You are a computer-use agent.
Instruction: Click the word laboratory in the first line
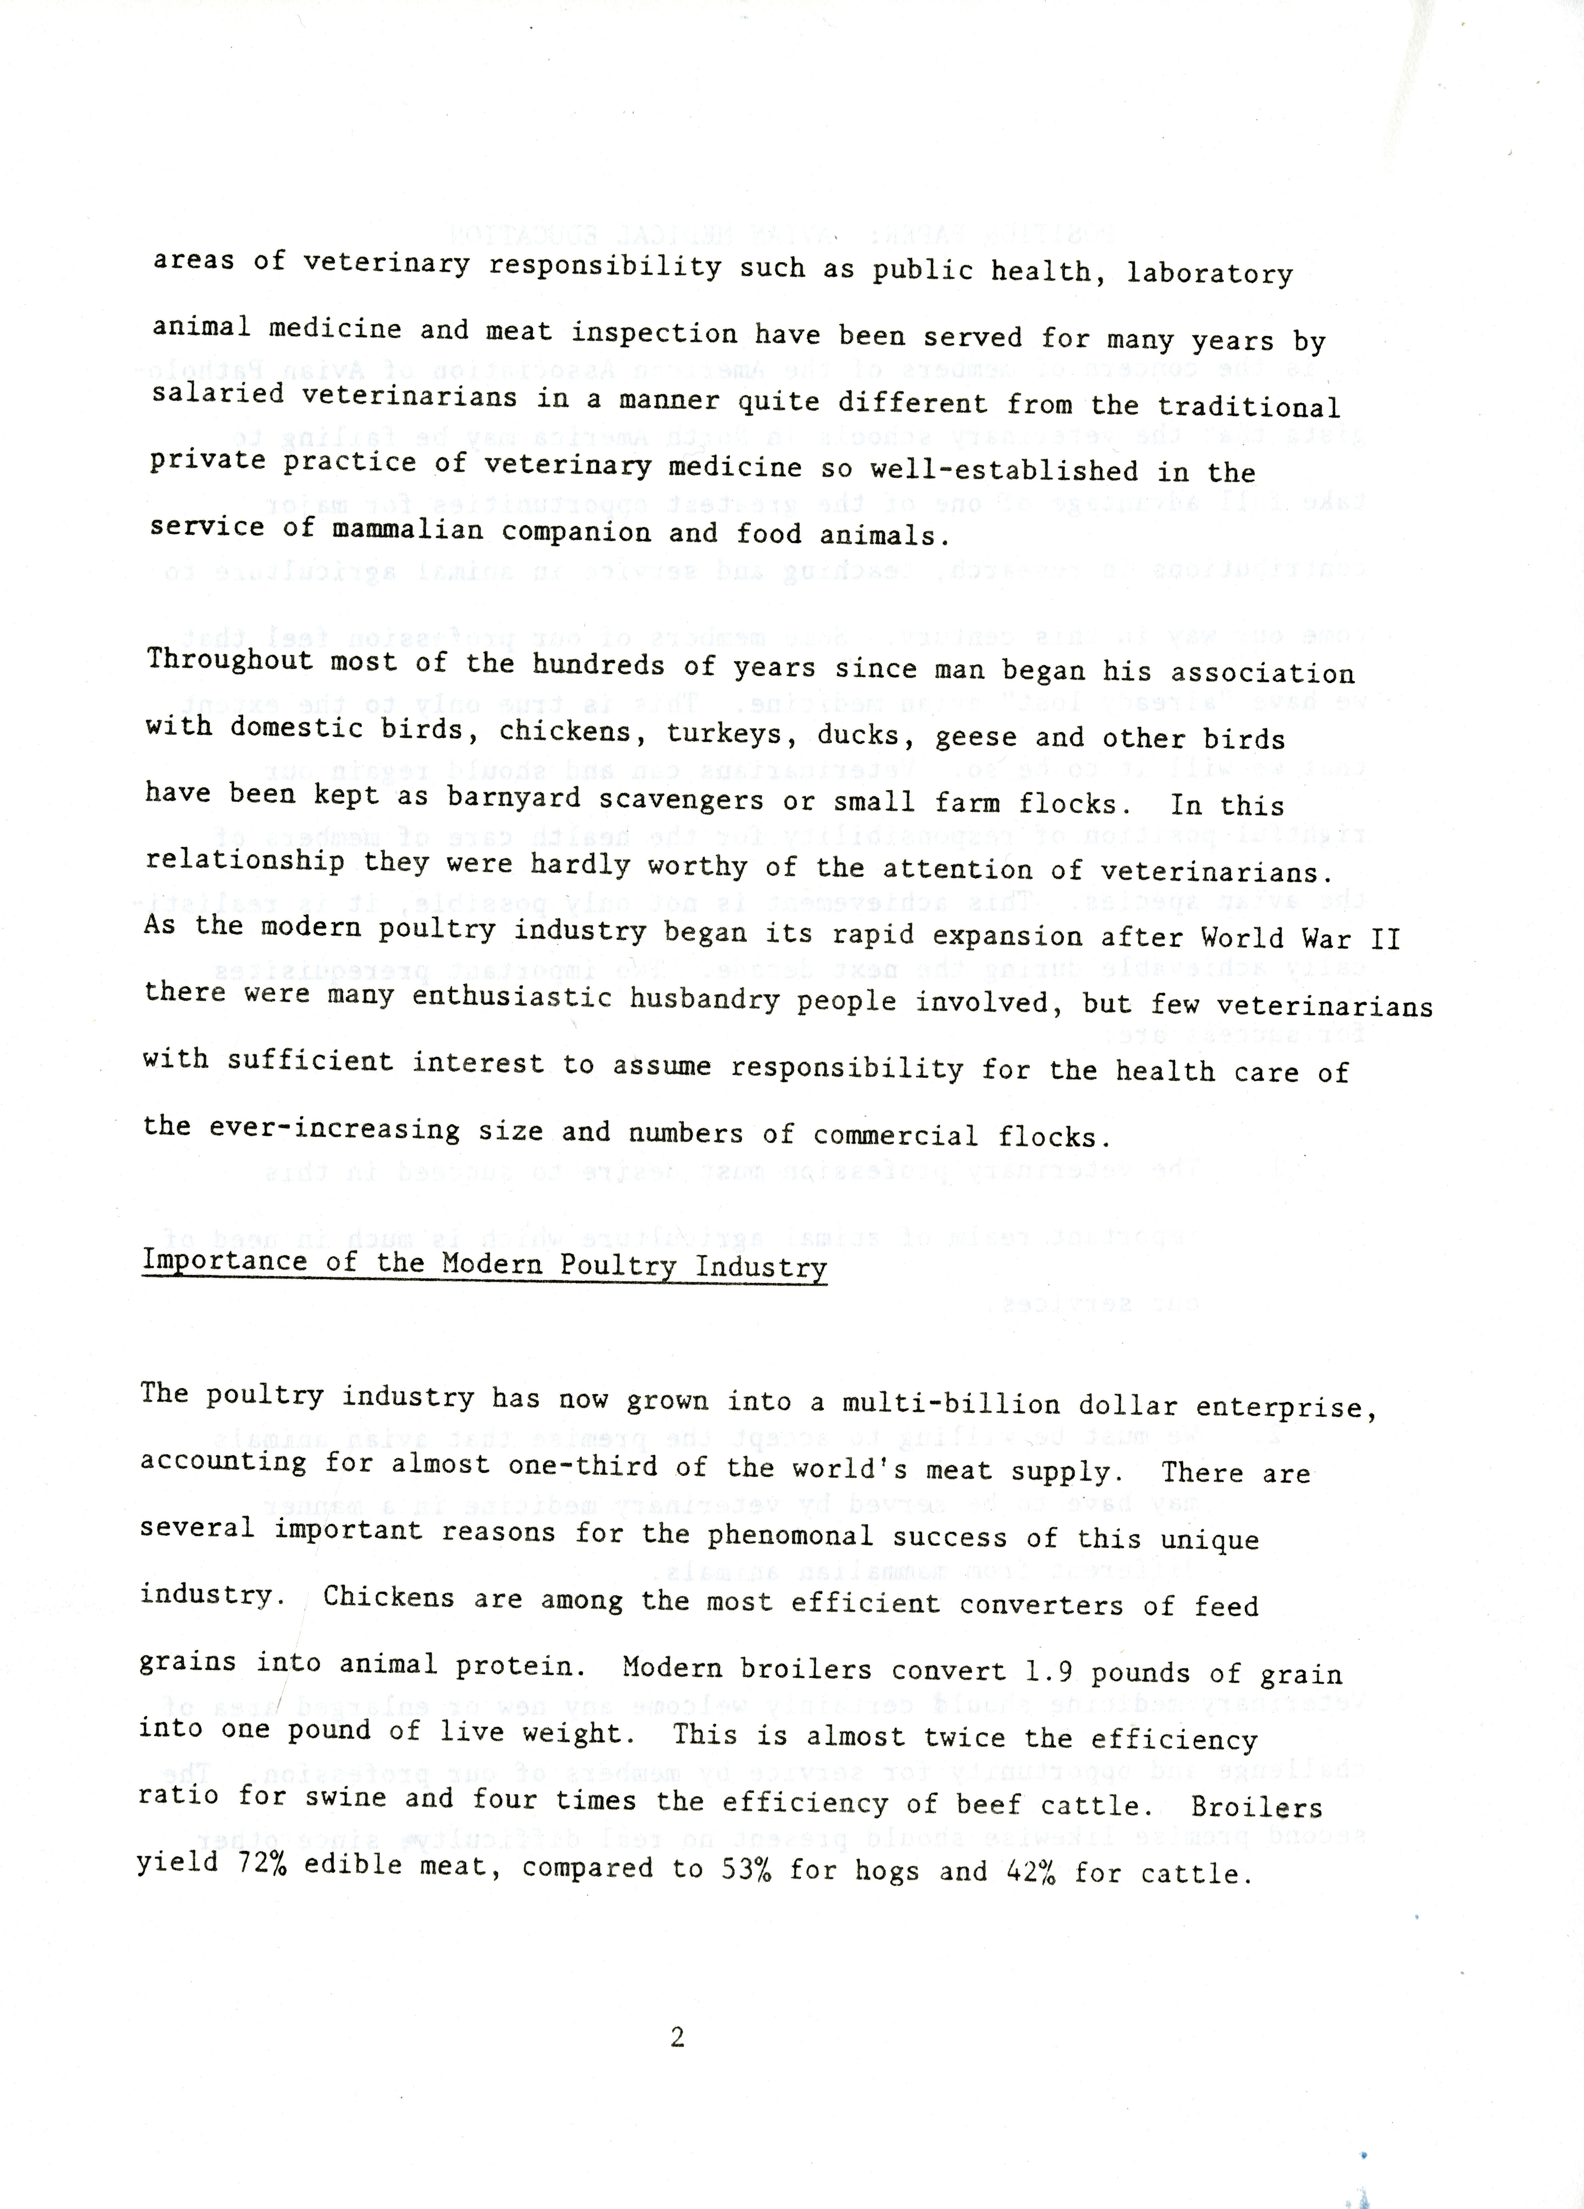coord(1209,273)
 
